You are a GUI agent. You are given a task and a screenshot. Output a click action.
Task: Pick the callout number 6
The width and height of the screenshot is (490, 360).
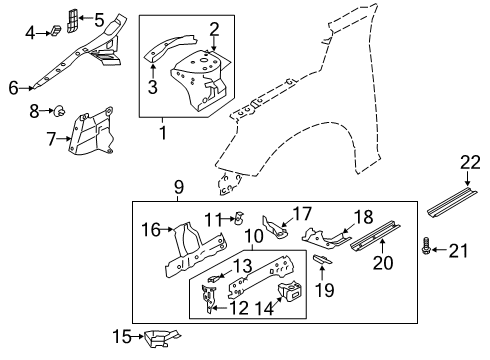pos(12,88)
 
